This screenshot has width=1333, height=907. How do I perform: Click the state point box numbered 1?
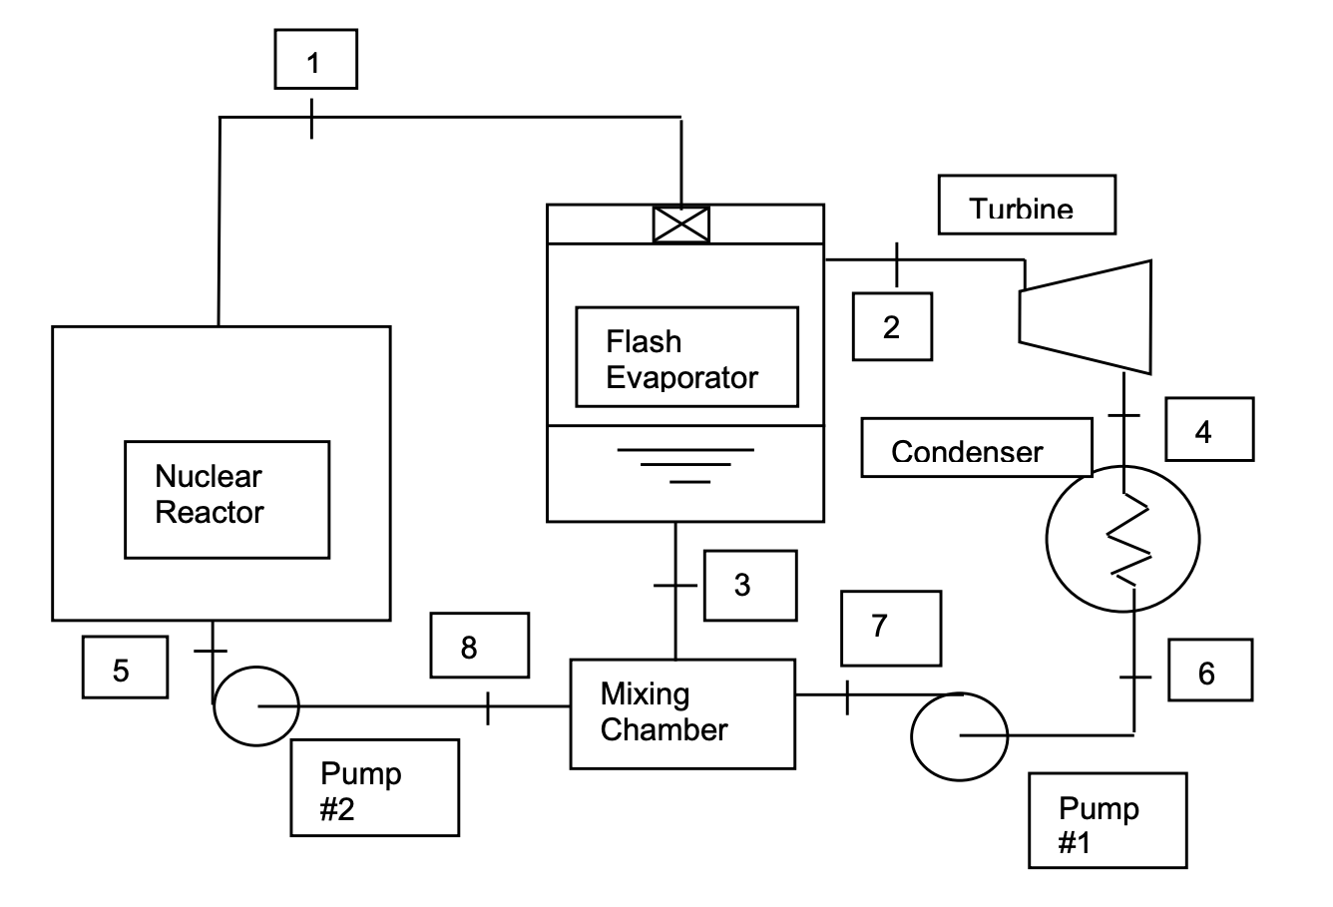pos(315,60)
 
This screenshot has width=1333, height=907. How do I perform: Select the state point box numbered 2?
pos(892,326)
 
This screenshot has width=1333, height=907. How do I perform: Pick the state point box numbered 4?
pos(1208,429)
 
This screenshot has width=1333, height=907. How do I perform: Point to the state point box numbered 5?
pos(125,669)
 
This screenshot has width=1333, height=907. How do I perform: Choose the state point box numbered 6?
pos(1209,672)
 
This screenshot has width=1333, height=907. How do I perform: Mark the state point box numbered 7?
pos(890,628)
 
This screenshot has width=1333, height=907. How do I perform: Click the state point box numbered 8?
pos(479,646)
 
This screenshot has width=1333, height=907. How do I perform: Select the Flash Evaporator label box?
pos(686,357)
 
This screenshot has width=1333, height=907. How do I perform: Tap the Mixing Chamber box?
pos(682,713)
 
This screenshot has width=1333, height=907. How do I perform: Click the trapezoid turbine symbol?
pos(1085,315)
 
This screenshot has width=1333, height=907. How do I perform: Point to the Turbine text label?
pos(1026,206)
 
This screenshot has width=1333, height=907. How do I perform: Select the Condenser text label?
pos(976,448)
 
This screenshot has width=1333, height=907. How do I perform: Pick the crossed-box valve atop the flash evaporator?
pos(680,225)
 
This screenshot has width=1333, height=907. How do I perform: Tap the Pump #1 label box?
pos(1108,820)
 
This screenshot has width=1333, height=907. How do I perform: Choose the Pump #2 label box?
pos(374,787)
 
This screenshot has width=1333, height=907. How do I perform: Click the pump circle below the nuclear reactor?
pos(256,706)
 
